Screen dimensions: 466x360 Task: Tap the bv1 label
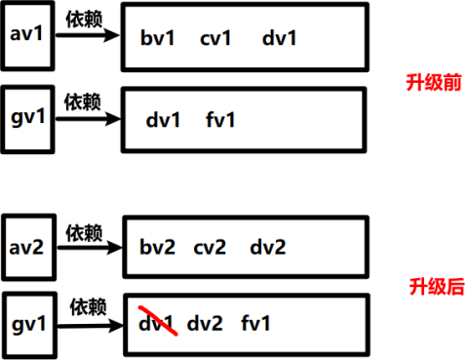click(x=157, y=37)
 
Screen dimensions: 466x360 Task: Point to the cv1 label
click(x=215, y=38)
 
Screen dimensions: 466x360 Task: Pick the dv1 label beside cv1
click(x=279, y=37)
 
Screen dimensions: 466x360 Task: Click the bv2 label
click(x=157, y=247)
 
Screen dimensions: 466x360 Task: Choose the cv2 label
click(x=210, y=247)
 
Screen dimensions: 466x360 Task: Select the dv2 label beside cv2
click(x=268, y=247)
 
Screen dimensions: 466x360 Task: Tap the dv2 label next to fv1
click(x=205, y=323)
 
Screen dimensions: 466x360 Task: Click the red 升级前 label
click(x=434, y=82)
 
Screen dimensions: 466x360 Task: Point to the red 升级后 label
click(x=437, y=287)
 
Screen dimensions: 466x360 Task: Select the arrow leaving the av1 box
click(x=88, y=35)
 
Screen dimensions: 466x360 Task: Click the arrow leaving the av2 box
click(x=90, y=248)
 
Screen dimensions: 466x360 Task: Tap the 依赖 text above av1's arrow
click(x=84, y=19)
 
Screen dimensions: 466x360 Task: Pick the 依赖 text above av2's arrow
click(x=84, y=232)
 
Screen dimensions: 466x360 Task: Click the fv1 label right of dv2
click(x=255, y=323)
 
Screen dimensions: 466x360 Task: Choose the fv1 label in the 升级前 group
click(x=220, y=119)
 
